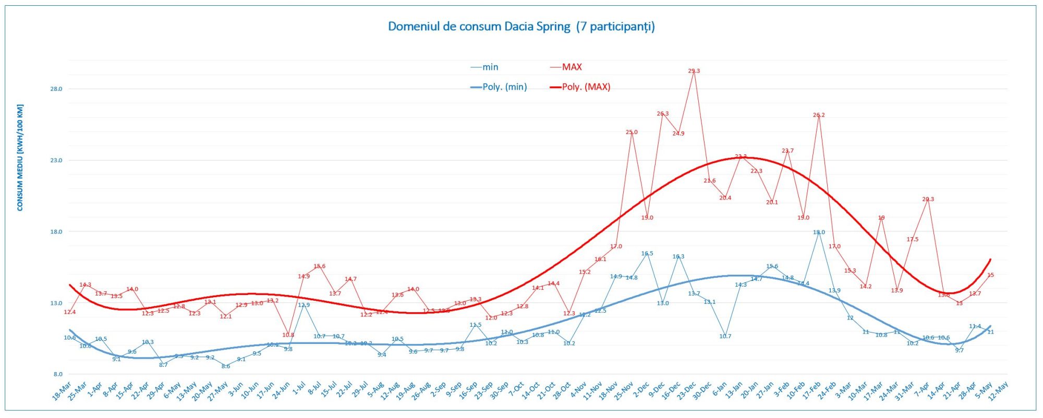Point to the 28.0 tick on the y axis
56,89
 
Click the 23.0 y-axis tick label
56,161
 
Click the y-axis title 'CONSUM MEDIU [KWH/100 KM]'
20,157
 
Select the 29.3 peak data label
694,71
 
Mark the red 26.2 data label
819,115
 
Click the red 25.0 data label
632,132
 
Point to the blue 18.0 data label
819,232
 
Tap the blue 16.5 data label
647,254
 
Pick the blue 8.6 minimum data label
226,366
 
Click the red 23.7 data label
787,151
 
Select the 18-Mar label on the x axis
62,391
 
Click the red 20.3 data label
928,199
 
